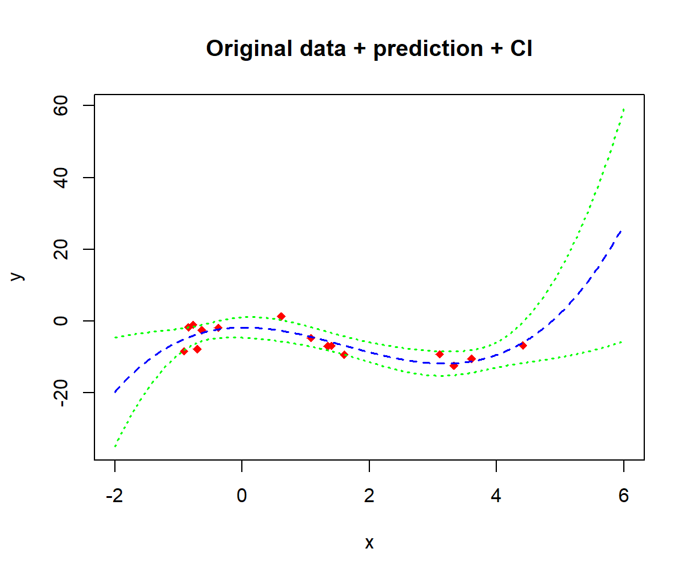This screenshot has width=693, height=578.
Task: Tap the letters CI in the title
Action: click(521, 49)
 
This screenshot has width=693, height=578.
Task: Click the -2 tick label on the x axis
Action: click(114, 496)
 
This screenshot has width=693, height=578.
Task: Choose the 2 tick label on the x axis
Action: click(369, 496)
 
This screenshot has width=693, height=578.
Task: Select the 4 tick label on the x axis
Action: click(496, 496)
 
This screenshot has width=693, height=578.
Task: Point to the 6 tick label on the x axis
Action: click(624, 496)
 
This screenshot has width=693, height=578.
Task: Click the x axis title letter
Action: click(369, 542)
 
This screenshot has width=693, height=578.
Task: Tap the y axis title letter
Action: click(17, 275)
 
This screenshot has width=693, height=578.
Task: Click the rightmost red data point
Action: click(523, 346)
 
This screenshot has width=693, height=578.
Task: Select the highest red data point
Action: click(281, 316)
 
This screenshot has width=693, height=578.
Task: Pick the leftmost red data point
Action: click(184, 351)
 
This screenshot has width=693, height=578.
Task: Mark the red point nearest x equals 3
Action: click(440, 354)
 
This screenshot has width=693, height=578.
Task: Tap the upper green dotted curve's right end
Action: click(624, 110)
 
